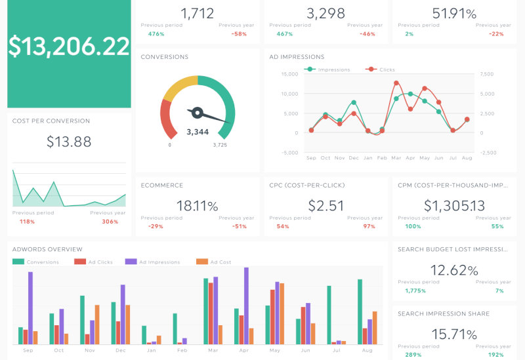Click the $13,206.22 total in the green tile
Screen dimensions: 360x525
pyautogui.click(x=69, y=46)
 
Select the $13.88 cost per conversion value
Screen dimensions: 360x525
pyautogui.click(x=69, y=141)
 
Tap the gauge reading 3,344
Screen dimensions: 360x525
pyautogui.click(x=198, y=132)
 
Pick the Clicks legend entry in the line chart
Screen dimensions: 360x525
pyautogui.click(x=387, y=70)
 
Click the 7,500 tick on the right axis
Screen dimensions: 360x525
pyautogui.click(x=487, y=74)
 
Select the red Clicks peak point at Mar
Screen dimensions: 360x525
pyautogui.click(x=396, y=83)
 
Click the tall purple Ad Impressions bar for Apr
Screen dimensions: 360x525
pyautogui.click(x=246, y=306)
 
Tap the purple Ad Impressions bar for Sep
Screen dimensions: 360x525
pyautogui.click(x=30, y=308)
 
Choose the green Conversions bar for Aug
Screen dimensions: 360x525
pyautogui.click(x=360, y=311)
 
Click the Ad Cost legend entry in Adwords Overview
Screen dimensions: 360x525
pyautogui.click(x=220, y=262)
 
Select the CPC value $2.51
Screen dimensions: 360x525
pyautogui.click(x=326, y=206)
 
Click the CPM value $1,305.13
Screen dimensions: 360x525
pyautogui.click(x=455, y=206)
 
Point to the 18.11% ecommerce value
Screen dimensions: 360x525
pyautogui.click(x=197, y=206)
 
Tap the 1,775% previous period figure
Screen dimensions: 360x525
pyautogui.click(x=415, y=290)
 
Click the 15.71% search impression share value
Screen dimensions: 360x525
pyautogui.click(x=455, y=333)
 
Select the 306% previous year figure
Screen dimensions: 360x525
pyautogui.click(x=110, y=222)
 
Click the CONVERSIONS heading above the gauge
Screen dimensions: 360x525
pyautogui.click(x=165, y=57)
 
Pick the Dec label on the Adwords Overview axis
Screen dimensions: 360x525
pyautogui.click(x=121, y=351)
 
